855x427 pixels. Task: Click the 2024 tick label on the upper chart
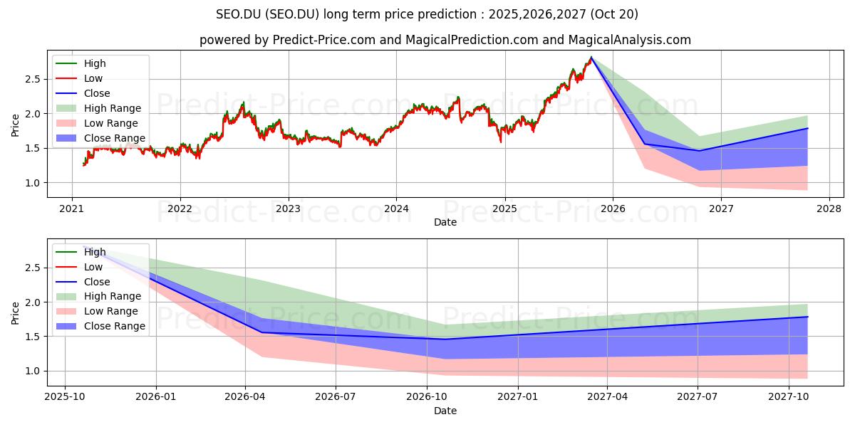click(396, 209)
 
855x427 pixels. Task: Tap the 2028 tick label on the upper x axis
click(829, 209)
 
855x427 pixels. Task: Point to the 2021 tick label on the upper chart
click(72, 209)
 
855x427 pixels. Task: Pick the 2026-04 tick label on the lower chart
click(246, 396)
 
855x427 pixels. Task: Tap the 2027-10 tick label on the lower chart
click(789, 396)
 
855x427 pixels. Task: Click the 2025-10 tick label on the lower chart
click(65, 396)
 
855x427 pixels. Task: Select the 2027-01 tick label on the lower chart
click(517, 396)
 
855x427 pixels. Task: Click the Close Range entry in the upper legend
click(114, 138)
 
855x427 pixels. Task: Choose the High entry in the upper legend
click(95, 63)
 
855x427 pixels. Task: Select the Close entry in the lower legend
click(97, 282)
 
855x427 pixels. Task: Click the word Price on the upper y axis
click(16, 124)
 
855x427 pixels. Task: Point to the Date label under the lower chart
click(445, 411)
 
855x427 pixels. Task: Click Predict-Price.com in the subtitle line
click(324, 40)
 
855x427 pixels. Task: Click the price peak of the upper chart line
click(591, 58)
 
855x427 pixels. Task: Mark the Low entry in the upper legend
click(93, 78)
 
